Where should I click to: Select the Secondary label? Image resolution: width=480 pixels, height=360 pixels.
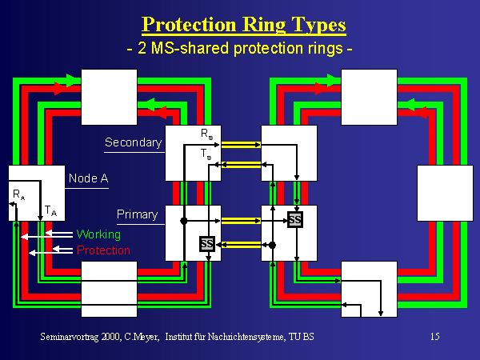pos(133,143)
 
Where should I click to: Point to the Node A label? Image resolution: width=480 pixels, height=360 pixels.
pos(87,178)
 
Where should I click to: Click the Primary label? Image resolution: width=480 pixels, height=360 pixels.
pos(137,214)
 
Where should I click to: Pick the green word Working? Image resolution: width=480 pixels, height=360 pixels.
pos(98,234)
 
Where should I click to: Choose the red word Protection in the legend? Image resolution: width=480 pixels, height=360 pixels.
pos(103,250)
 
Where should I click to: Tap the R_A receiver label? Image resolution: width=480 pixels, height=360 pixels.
pos(18,194)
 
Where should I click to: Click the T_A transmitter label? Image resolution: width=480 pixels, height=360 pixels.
pos(50,210)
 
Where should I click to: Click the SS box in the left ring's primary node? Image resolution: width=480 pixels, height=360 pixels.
pos(206,242)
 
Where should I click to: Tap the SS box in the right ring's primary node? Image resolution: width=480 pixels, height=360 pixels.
pos(295,219)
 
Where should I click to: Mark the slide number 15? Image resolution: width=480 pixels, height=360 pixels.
pos(434,337)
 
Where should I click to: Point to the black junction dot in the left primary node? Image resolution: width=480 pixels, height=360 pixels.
pos(184,220)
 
